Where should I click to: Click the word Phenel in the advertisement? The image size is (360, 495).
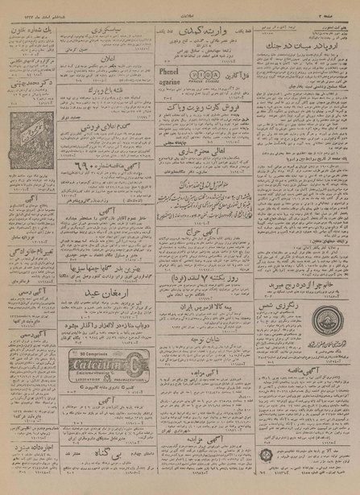click(x=165, y=71)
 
